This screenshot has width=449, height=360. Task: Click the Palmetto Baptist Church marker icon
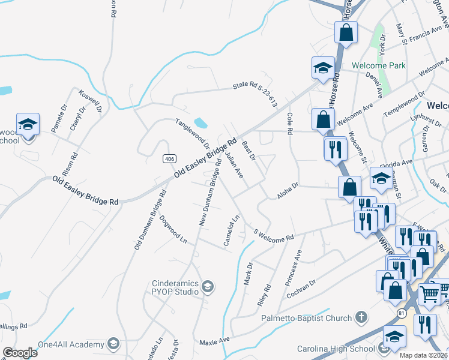click(x=361, y=316)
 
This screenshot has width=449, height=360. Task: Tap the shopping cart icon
click(x=429, y=293)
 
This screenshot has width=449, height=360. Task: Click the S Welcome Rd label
click(x=274, y=235)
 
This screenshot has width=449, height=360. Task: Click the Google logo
click(x=20, y=353)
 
